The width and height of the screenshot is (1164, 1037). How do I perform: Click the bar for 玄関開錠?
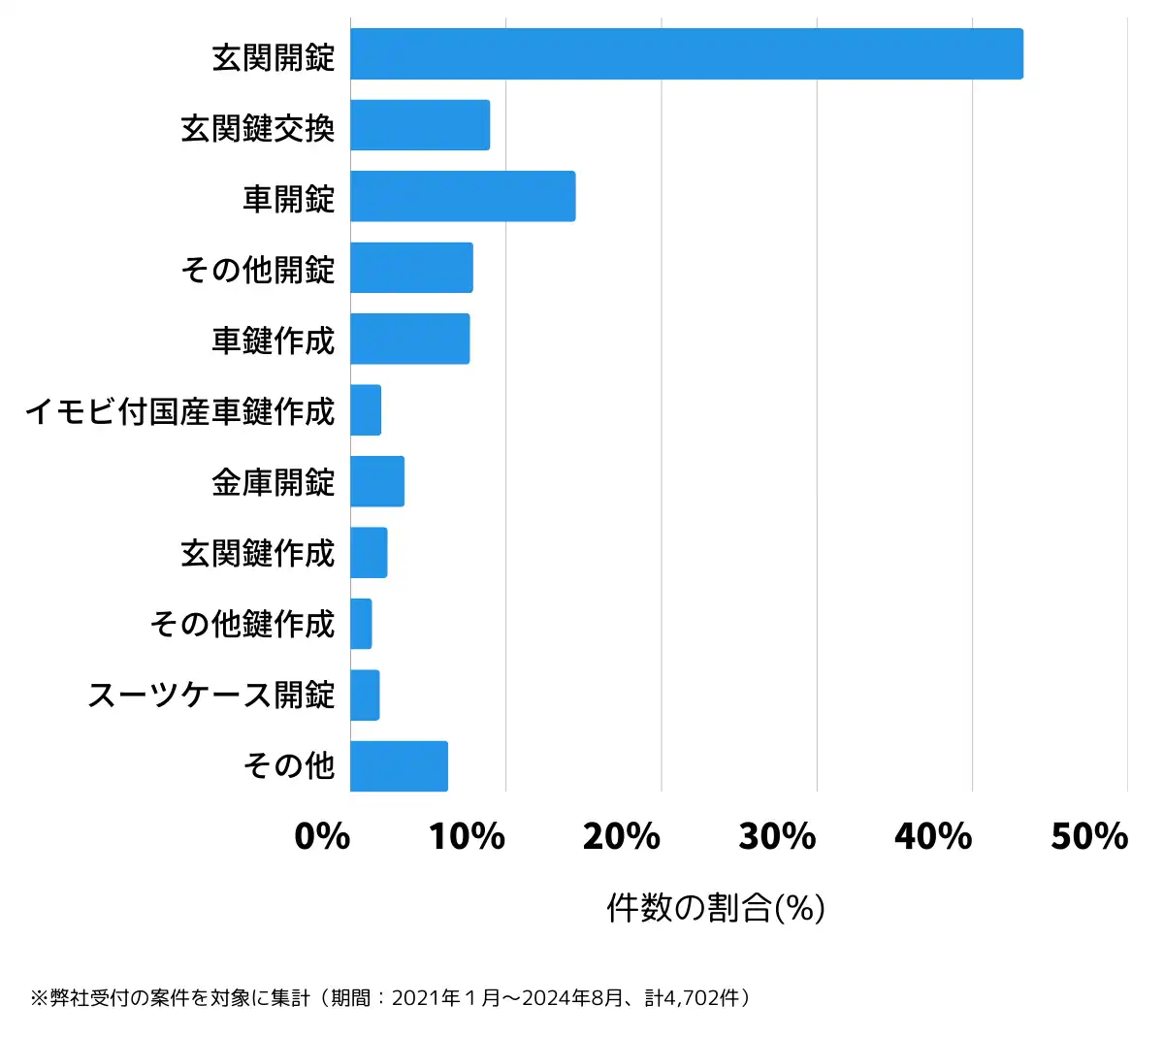tap(686, 54)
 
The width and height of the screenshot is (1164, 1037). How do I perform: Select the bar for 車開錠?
tap(463, 196)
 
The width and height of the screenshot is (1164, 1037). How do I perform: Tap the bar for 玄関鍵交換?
tap(420, 125)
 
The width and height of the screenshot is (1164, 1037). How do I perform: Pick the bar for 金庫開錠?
tap(377, 481)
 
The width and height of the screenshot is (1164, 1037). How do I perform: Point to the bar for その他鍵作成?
tap(361, 624)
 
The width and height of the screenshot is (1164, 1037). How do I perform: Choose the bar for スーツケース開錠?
tap(365, 695)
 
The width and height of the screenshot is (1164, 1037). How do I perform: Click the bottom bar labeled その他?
tap(399, 766)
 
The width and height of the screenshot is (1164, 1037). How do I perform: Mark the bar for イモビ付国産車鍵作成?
tap(366, 410)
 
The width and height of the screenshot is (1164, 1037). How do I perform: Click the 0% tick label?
tap(322, 836)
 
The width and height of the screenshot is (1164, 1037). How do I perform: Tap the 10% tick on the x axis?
tap(467, 836)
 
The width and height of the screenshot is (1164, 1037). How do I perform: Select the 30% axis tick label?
tap(777, 836)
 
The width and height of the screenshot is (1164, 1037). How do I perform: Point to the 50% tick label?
tap(1089, 836)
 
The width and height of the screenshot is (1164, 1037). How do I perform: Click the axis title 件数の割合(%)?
tap(716, 908)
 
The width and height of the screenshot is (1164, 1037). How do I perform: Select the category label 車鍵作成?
tap(274, 340)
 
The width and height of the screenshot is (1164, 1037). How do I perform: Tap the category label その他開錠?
tap(258, 270)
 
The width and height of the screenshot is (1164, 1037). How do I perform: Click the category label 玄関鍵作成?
tap(258, 554)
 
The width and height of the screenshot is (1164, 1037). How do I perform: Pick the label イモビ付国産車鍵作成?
tap(179, 411)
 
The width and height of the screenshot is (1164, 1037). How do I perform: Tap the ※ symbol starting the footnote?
tap(39, 998)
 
